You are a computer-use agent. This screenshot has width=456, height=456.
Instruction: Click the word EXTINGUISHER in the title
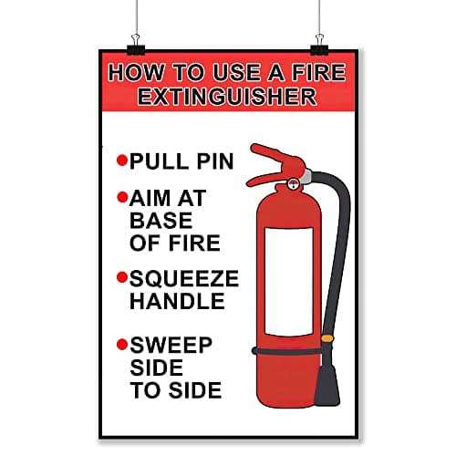coord(227,97)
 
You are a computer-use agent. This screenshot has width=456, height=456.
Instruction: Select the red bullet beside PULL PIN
coord(122,160)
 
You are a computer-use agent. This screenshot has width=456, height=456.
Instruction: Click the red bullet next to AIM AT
coord(122,197)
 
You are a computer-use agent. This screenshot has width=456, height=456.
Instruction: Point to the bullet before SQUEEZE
coord(122,277)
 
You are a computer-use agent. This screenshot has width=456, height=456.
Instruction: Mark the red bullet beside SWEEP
coord(122,345)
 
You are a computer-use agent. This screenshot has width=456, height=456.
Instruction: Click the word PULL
coord(159,161)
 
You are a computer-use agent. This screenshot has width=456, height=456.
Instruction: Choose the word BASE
coord(161,221)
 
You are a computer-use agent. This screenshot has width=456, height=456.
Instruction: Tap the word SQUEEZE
coord(184,278)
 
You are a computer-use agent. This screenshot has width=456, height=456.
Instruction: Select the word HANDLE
coord(177,301)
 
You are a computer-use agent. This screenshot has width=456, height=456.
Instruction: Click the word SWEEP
coord(171,346)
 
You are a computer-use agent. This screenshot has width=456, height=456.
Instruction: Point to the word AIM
coord(150,198)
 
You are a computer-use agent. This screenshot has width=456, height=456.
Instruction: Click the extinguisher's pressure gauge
coord(293,183)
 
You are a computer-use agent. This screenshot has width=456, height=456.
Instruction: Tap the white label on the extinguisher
coord(289,281)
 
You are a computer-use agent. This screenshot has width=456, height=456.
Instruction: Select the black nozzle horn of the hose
coord(327,385)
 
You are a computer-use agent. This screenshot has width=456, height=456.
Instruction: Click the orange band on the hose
coord(327,338)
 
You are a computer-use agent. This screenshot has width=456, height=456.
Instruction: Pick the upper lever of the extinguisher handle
coord(276,158)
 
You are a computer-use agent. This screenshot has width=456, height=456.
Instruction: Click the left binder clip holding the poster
coord(136,45)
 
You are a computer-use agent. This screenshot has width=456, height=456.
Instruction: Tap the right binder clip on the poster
coord(319,45)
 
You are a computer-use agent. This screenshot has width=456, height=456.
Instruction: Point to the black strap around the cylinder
coord(286,352)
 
